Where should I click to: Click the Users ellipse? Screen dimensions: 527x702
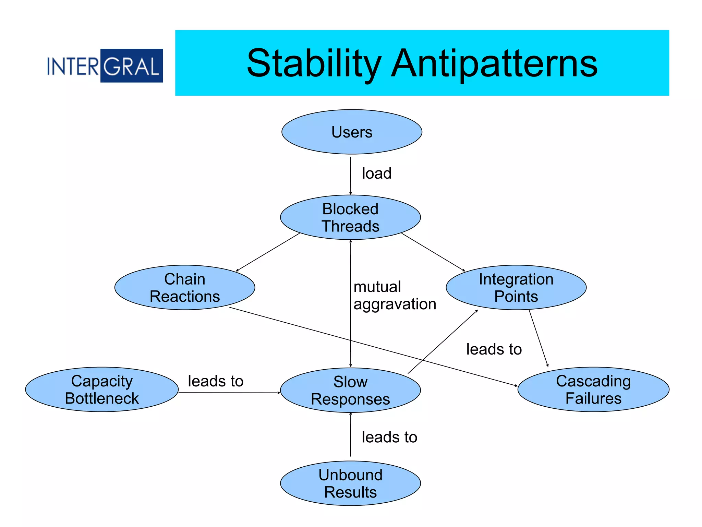point(351,132)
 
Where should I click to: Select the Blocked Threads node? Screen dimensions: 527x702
point(350,217)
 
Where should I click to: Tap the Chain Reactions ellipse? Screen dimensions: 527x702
point(185,287)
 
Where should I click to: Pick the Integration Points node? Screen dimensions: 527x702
point(516,287)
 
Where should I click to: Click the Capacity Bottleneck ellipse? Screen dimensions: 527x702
point(102,390)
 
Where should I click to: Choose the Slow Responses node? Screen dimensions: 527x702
point(350,390)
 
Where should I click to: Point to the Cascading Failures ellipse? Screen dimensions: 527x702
point(593,390)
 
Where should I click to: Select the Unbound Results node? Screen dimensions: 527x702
point(350,483)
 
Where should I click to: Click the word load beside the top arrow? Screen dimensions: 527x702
point(376,173)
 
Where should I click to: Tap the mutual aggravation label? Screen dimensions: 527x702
point(394,296)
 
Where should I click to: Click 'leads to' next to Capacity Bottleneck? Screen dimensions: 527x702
point(216,381)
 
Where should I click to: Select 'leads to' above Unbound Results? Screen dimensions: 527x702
point(389,437)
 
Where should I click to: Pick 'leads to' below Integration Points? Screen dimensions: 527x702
point(494,349)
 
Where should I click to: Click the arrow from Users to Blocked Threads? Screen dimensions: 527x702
point(350,176)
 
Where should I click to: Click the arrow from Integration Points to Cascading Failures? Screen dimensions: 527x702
point(538,338)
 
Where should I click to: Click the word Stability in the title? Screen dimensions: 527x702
point(314,63)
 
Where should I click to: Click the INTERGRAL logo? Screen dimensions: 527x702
point(105,65)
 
